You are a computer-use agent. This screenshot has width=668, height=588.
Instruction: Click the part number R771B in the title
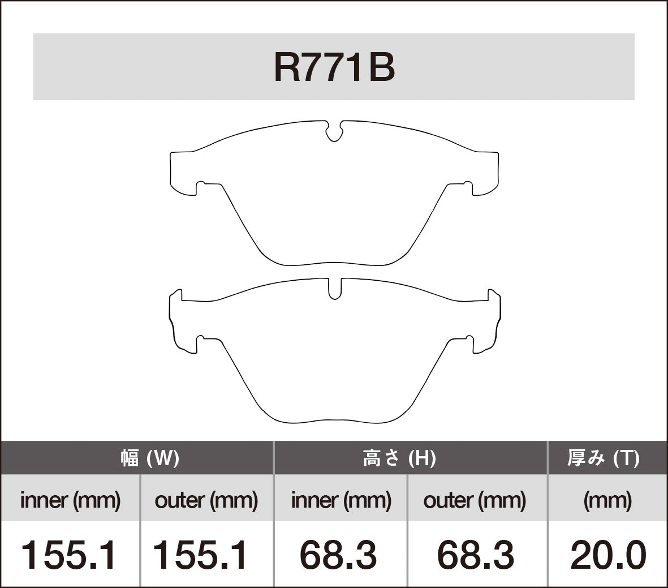pos(334,67)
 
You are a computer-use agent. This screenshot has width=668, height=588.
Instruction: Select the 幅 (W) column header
pos(149,458)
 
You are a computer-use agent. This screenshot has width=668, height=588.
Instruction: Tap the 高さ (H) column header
pos(399,458)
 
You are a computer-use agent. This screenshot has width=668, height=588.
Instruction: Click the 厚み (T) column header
pos(604,458)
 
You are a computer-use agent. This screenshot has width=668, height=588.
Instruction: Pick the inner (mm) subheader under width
pos(70,500)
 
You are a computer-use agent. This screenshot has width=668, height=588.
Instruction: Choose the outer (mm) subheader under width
pos(206,500)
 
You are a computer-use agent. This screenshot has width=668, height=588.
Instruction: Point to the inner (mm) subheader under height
pos(341,500)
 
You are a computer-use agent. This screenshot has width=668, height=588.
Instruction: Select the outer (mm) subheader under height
pos(475,500)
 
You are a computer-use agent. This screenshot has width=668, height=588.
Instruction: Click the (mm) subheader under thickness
pos(607,500)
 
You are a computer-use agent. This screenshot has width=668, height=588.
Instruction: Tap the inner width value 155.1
pos(69,555)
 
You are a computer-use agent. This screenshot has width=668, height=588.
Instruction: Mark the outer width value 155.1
pos(201,555)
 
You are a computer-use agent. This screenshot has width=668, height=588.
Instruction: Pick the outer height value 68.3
pos(476,555)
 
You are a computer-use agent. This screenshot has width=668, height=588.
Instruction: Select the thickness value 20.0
pos(608,555)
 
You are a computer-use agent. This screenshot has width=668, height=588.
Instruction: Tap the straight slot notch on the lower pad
pos(335,289)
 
